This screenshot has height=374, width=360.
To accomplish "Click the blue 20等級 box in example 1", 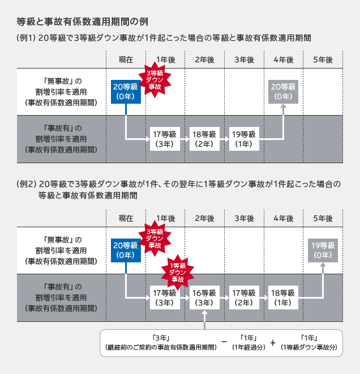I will (x=125, y=91).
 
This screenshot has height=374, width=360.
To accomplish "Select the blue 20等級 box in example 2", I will (x=125, y=250).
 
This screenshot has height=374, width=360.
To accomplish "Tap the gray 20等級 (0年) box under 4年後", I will (x=284, y=91).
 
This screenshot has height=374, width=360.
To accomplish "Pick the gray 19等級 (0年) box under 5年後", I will (x=323, y=250).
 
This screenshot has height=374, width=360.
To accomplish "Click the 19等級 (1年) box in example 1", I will (x=244, y=139).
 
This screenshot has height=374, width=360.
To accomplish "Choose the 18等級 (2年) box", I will (x=204, y=139).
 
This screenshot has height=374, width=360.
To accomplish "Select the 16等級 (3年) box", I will (x=204, y=297).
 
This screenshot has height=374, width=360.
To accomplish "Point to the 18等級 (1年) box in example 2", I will (x=284, y=297).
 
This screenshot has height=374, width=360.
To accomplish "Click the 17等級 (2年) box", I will (x=244, y=297).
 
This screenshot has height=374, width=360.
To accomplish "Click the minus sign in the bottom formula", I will (x=225, y=342).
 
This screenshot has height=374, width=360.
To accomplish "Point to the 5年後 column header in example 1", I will (x=322, y=59).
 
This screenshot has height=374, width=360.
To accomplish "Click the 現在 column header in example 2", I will (x=126, y=218).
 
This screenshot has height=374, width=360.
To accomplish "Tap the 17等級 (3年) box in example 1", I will (x=165, y=139).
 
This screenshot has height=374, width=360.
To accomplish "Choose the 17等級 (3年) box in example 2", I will (x=165, y=297).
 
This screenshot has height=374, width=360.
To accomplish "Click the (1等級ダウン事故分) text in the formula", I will (x=309, y=347).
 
